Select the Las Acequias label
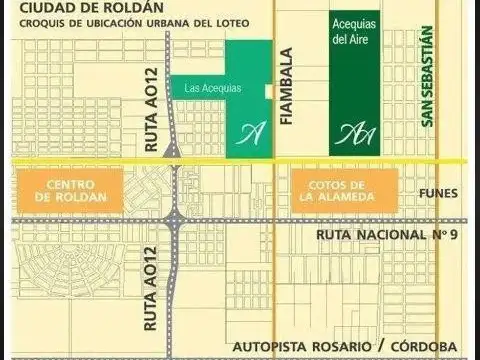tap(214, 88)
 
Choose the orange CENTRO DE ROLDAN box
tap(69, 189)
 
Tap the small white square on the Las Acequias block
tap(268, 91)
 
